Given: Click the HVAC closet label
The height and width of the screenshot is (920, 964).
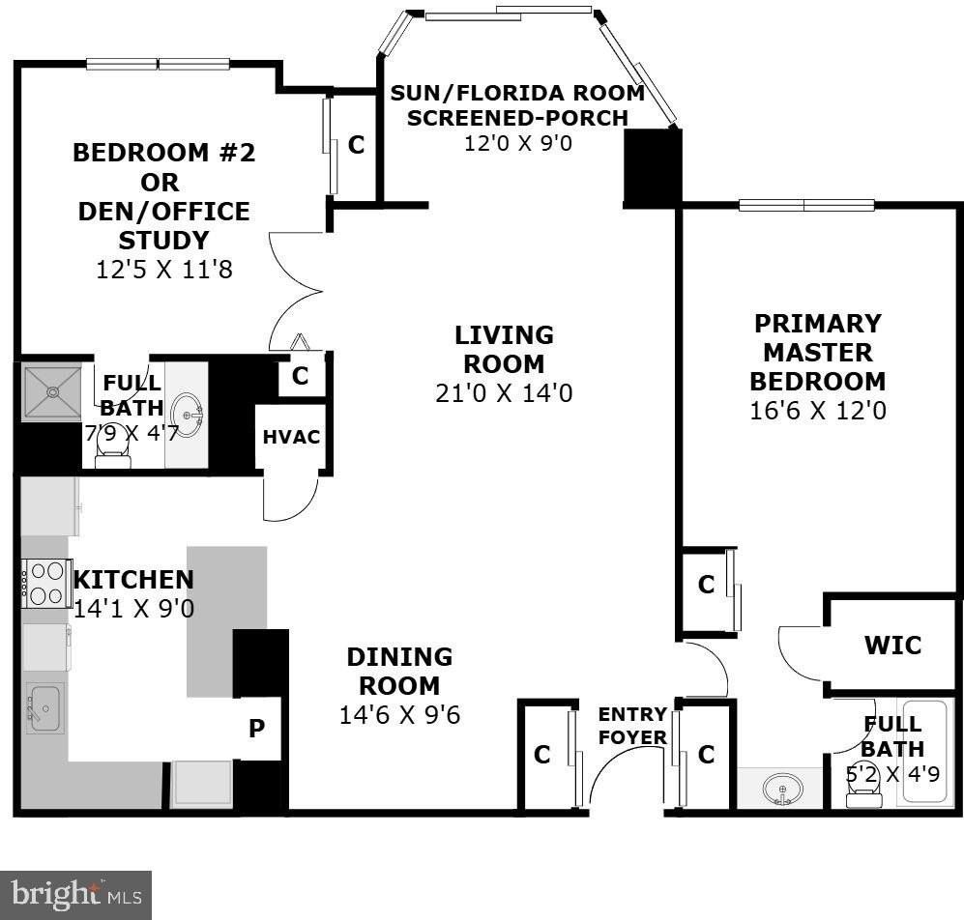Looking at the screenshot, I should [x=291, y=437].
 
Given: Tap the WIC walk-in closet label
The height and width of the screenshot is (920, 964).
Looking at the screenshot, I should [x=892, y=645].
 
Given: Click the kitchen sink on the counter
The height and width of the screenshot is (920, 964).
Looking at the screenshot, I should [x=44, y=707].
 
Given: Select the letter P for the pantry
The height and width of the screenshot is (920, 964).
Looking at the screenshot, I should [x=257, y=729].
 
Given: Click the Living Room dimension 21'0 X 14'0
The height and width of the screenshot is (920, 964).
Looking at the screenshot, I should [x=504, y=393].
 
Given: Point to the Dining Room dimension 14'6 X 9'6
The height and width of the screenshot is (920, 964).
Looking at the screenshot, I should [x=399, y=715].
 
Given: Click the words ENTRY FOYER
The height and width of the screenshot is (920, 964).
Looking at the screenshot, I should [x=632, y=726].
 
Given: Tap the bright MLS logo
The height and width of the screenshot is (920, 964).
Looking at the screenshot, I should [x=75, y=894].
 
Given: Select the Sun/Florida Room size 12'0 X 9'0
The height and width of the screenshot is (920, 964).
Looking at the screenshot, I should [x=517, y=142].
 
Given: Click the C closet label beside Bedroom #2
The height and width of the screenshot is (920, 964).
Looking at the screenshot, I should [x=356, y=145].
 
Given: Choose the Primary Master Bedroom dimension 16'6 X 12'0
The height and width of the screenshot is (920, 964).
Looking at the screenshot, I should [x=817, y=411].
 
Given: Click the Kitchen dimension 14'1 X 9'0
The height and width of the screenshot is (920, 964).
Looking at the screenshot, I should [x=133, y=609].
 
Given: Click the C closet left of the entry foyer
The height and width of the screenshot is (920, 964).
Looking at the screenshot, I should [x=541, y=755].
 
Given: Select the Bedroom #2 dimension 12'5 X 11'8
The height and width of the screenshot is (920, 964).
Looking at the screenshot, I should [x=164, y=270].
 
